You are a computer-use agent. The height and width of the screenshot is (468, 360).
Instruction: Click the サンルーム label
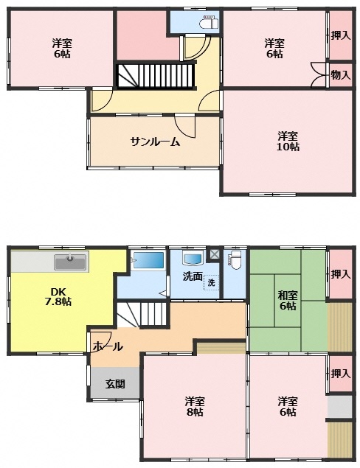(x=156, y=142)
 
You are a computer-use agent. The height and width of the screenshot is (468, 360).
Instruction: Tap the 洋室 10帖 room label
(x=288, y=142)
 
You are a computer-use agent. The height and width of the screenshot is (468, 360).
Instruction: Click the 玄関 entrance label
(x=115, y=384)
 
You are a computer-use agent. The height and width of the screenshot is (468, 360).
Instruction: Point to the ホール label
(x=108, y=346)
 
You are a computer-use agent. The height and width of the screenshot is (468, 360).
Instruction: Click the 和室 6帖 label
(x=288, y=301)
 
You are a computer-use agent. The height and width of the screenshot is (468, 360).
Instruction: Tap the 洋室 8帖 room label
(x=195, y=406)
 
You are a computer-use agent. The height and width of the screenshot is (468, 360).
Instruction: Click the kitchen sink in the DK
(x=71, y=262)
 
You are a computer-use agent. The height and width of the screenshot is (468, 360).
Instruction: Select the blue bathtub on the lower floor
(x=149, y=260)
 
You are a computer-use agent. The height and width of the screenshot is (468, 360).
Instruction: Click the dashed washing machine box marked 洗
(x=211, y=282)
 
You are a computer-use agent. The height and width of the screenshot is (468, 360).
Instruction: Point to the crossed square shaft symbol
(x=214, y=254)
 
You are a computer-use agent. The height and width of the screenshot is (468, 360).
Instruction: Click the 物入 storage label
(x=340, y=75)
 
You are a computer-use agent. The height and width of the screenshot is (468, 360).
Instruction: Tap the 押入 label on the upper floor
(x=340, y=36)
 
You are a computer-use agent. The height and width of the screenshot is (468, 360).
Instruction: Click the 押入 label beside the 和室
(x=340, y=274)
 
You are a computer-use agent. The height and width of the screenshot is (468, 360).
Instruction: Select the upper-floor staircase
(x=156, y=76)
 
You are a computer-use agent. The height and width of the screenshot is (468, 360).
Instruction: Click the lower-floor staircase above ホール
(x=141, y=314)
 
